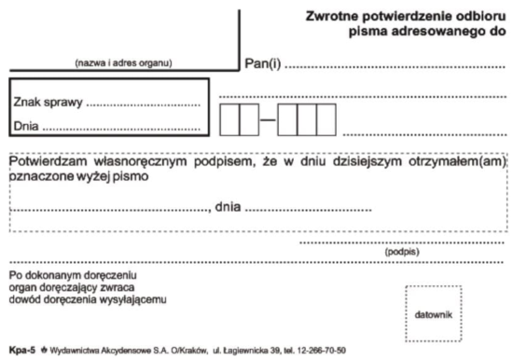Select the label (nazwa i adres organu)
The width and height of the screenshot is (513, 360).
tap(123, 63)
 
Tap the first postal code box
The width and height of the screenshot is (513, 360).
tap(229, 119)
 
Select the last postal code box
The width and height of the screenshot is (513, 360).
tap(326, 119)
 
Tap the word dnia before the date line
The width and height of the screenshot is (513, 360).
tap(229, 206)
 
